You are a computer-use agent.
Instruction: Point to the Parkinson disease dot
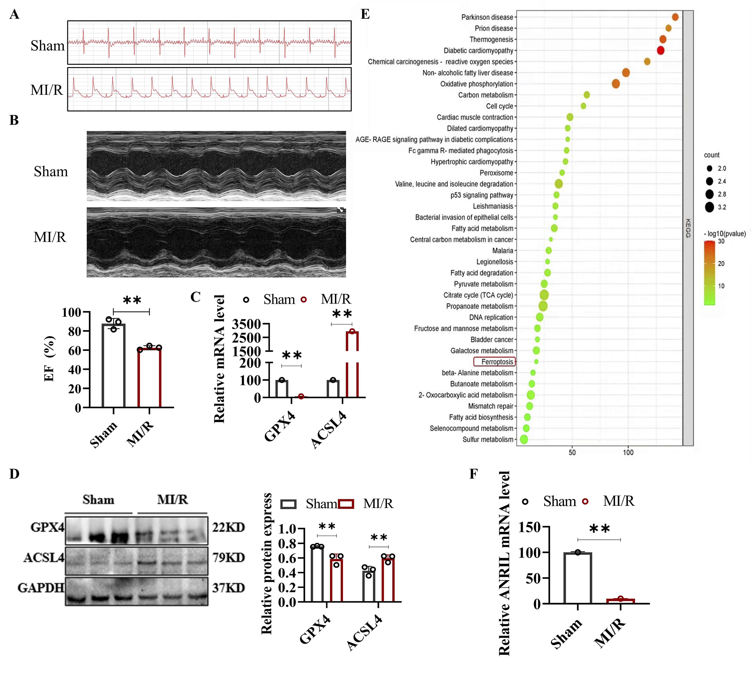675,17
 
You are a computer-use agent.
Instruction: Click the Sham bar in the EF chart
113,365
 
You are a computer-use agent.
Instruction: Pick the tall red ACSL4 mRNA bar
352,364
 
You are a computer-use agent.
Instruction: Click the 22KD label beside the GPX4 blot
228,527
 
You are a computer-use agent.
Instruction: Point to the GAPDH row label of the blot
41,588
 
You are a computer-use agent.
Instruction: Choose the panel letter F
473,474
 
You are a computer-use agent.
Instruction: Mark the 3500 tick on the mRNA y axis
246,324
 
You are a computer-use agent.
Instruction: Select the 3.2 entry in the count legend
722,207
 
